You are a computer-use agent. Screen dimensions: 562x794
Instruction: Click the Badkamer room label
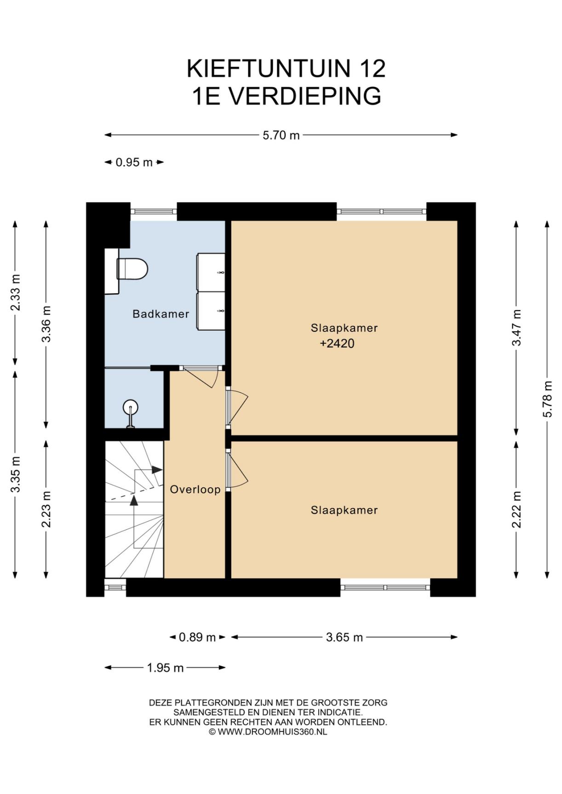pyautogui.click(x=161, y=314)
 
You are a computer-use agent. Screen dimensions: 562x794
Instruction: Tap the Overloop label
pyautogui.click(x=195, y=489)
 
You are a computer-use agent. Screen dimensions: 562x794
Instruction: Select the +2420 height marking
pyautogui.click(x=337, y=343)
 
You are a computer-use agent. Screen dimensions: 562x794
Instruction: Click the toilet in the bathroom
pyautogui.click(x=132, y=269)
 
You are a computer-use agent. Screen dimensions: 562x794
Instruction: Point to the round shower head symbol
pyautogui.click(x=131, y=407)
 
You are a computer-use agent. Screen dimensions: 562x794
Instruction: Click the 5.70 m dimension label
pyautogui.click(x=281, y=135)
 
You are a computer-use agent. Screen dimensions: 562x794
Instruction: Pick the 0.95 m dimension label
pyautogui.click(x=134, y=162)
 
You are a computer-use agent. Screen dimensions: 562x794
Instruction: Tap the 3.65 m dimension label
pyautogui.click(x=344, y=637)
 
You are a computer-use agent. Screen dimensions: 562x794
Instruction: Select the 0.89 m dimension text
pyautogui.click(x=197, y=637)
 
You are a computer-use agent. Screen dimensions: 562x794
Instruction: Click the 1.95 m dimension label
pyautogui.click(x=165, y=668)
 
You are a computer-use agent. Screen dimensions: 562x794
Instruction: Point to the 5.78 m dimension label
pyautogui.click(x=547, y=399)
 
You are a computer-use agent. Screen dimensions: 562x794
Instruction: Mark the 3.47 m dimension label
pyautogui.click(x=516, y=328)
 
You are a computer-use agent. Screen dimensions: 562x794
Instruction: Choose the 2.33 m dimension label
pyautogui.click(x=16, y=292)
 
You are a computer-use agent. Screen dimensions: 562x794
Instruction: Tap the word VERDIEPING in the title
pyautogui.click(x=305, y=96)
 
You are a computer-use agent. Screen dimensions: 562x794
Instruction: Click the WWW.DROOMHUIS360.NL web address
pyautogui.click(x=272, y=732)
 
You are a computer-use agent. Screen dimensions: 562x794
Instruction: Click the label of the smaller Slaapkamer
pyautogui.click(x=344, y=510)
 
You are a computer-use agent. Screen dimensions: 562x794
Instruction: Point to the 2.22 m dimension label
pyautogui.click(x=516, y=510)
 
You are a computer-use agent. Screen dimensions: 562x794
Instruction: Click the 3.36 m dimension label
pyautogui.click(x=46, y=324)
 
